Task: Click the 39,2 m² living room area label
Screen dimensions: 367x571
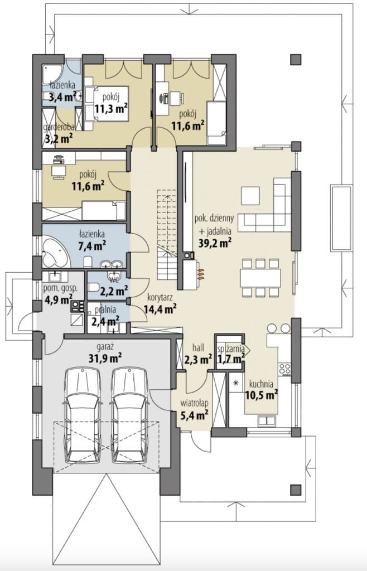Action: click(x=215, y=243)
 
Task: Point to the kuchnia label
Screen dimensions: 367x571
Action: click(x=261, y=384)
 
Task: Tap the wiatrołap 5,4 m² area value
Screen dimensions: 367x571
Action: click(x=195, y=414)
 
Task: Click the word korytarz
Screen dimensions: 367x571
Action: click(x=160, y=297)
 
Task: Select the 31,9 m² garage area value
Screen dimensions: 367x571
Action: click(x=105, y=358)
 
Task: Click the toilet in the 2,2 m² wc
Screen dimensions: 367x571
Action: click(x=93, y=288)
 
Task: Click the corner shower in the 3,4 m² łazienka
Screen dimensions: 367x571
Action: click(x=51, y=75)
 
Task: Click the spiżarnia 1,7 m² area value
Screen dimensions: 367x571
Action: click(x=230, y=359)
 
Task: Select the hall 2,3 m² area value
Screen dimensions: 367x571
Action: click(x=199, y=360)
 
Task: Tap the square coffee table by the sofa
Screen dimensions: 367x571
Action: click(x=250, y=196)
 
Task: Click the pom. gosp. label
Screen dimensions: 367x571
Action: click(x=60, y=288)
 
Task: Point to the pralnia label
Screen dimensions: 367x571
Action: click(x=105, y=310)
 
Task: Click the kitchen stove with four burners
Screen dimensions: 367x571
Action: click(x=284, y=369)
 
